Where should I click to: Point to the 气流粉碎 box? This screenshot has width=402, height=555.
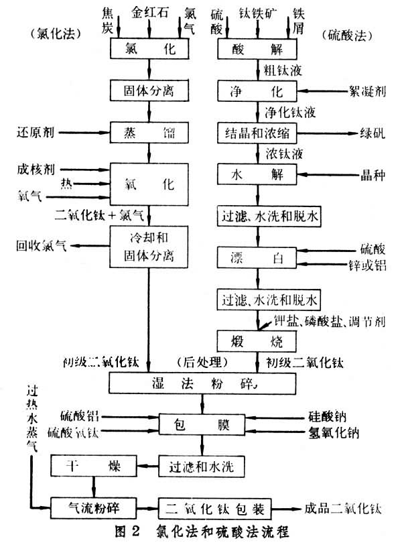point(94,504)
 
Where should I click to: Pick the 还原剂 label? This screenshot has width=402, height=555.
point(31,131)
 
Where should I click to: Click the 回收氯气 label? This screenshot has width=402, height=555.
point(41,246)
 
